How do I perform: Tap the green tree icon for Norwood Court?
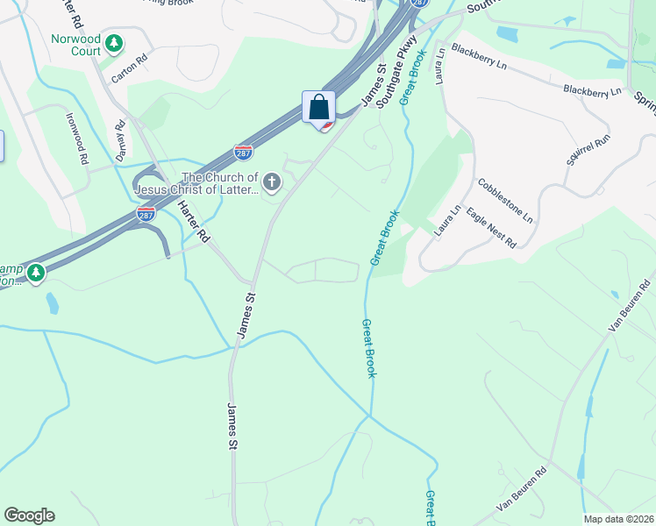pos(113,42)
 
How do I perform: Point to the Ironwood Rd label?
pos(76,138)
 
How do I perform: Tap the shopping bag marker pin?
pos(319,109)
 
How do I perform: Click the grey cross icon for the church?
pos(273,182)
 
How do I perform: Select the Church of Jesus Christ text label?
pos(219,184)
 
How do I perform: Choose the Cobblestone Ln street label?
pos(504,200)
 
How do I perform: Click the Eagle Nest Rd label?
pos(491,227)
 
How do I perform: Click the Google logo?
pos(29,515)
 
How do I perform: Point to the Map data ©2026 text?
pos(618,519)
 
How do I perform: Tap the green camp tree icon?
pos(36,274)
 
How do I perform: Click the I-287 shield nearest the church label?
pos(244,153)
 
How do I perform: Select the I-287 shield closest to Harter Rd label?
pos(146,214)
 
